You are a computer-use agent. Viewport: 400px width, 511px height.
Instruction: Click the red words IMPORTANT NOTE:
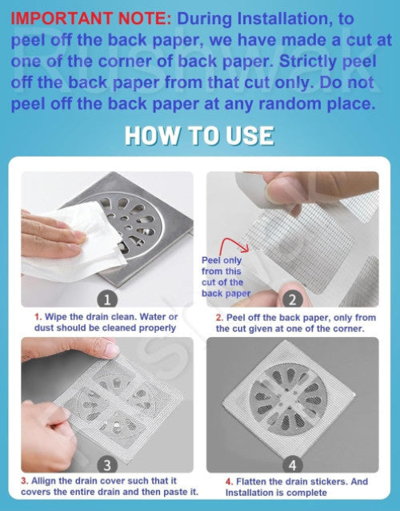tap(90, 18)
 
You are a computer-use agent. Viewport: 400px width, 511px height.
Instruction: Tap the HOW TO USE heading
tap(199, 136)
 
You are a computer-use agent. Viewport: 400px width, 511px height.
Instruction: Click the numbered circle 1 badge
tap(107, 299)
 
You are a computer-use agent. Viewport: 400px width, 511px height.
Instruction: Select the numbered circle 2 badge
tap(293, 299)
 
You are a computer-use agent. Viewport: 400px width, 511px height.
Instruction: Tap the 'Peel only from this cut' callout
tap(226, 277)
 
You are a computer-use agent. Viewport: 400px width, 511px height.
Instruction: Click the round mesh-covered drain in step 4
tap(288, 399)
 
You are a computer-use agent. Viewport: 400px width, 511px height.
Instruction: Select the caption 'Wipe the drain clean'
tap(106, 322)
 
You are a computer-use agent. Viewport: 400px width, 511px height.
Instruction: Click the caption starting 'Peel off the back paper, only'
tap(295, 323)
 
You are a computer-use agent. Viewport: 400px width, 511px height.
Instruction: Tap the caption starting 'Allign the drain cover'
tap(110, 486)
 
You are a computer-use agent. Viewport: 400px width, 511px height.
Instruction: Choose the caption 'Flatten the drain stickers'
tap(297, 487)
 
